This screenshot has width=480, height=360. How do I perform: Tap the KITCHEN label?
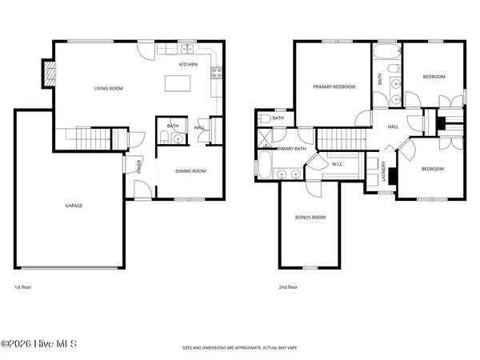[x=188, y=64]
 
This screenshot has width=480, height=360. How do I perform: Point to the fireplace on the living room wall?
[x=50, y=74]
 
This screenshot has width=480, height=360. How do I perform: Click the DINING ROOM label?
[x=190, y=170]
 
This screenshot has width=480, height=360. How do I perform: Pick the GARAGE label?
[x=74, y=206]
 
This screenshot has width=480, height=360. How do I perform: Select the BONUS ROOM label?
[x=310, y=217]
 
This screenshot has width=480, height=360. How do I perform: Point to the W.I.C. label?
[x=338, y=165]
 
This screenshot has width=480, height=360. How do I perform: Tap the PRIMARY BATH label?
[x=291, y=149]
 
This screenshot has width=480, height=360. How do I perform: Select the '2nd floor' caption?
[x=287, y=286]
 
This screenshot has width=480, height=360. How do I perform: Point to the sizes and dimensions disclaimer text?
[x=240, y=349]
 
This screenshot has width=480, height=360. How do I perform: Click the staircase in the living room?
[x=96, y=138]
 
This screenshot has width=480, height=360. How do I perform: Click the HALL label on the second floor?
[x=393, y=126]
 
